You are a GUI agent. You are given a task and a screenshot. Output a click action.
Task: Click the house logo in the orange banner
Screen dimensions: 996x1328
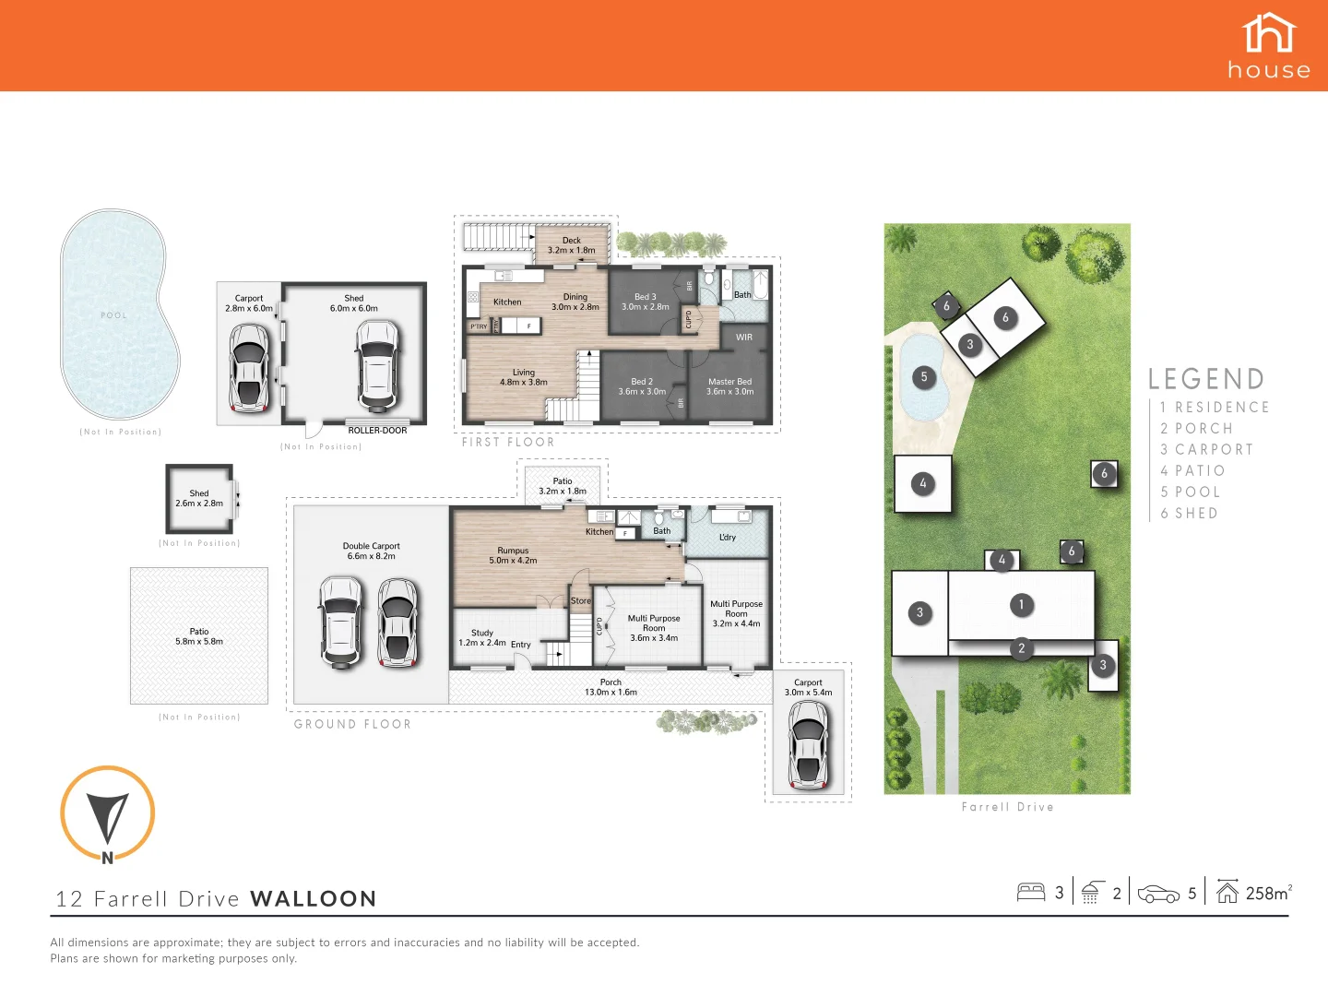coord(1269,46)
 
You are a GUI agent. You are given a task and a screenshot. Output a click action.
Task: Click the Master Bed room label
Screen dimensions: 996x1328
coord(729,386)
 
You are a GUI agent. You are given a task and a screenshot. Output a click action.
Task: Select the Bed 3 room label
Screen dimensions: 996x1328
coord(645,302)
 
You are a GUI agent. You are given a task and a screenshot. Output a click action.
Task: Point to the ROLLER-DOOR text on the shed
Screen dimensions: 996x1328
coord(377,431)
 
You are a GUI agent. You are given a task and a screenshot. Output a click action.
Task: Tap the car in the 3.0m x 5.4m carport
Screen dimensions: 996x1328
coord(808,744)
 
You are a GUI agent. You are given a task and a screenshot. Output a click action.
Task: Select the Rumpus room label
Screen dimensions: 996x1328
coord(513,555)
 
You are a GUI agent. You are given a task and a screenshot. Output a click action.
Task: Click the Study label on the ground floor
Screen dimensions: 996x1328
coord(481,637)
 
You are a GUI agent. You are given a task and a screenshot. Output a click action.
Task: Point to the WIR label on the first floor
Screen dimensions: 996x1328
coord(744,338)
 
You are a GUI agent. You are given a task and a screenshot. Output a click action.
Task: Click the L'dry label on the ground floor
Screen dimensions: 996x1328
coord(728,537)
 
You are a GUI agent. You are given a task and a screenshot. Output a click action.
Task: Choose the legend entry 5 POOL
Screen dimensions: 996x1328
coord(1190,492)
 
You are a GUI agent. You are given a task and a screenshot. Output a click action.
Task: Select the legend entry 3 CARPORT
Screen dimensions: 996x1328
coord(1206,450)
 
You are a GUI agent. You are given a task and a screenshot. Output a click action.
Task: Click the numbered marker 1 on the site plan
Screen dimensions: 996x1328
coord(1021,605)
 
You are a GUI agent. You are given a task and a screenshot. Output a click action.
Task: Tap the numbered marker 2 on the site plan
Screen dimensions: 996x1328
coord(1021,648)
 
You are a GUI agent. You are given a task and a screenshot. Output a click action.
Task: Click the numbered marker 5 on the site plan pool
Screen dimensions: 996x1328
coord(924,376)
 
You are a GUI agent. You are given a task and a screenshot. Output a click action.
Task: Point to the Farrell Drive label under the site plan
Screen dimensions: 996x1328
coord(1007,807)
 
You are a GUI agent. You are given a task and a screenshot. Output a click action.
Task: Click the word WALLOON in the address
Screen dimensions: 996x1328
coord(313,899)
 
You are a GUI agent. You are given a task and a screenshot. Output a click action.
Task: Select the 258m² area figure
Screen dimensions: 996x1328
coord(1268,893)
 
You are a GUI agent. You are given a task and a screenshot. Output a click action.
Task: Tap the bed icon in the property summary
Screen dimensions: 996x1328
coord(1030,892)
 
